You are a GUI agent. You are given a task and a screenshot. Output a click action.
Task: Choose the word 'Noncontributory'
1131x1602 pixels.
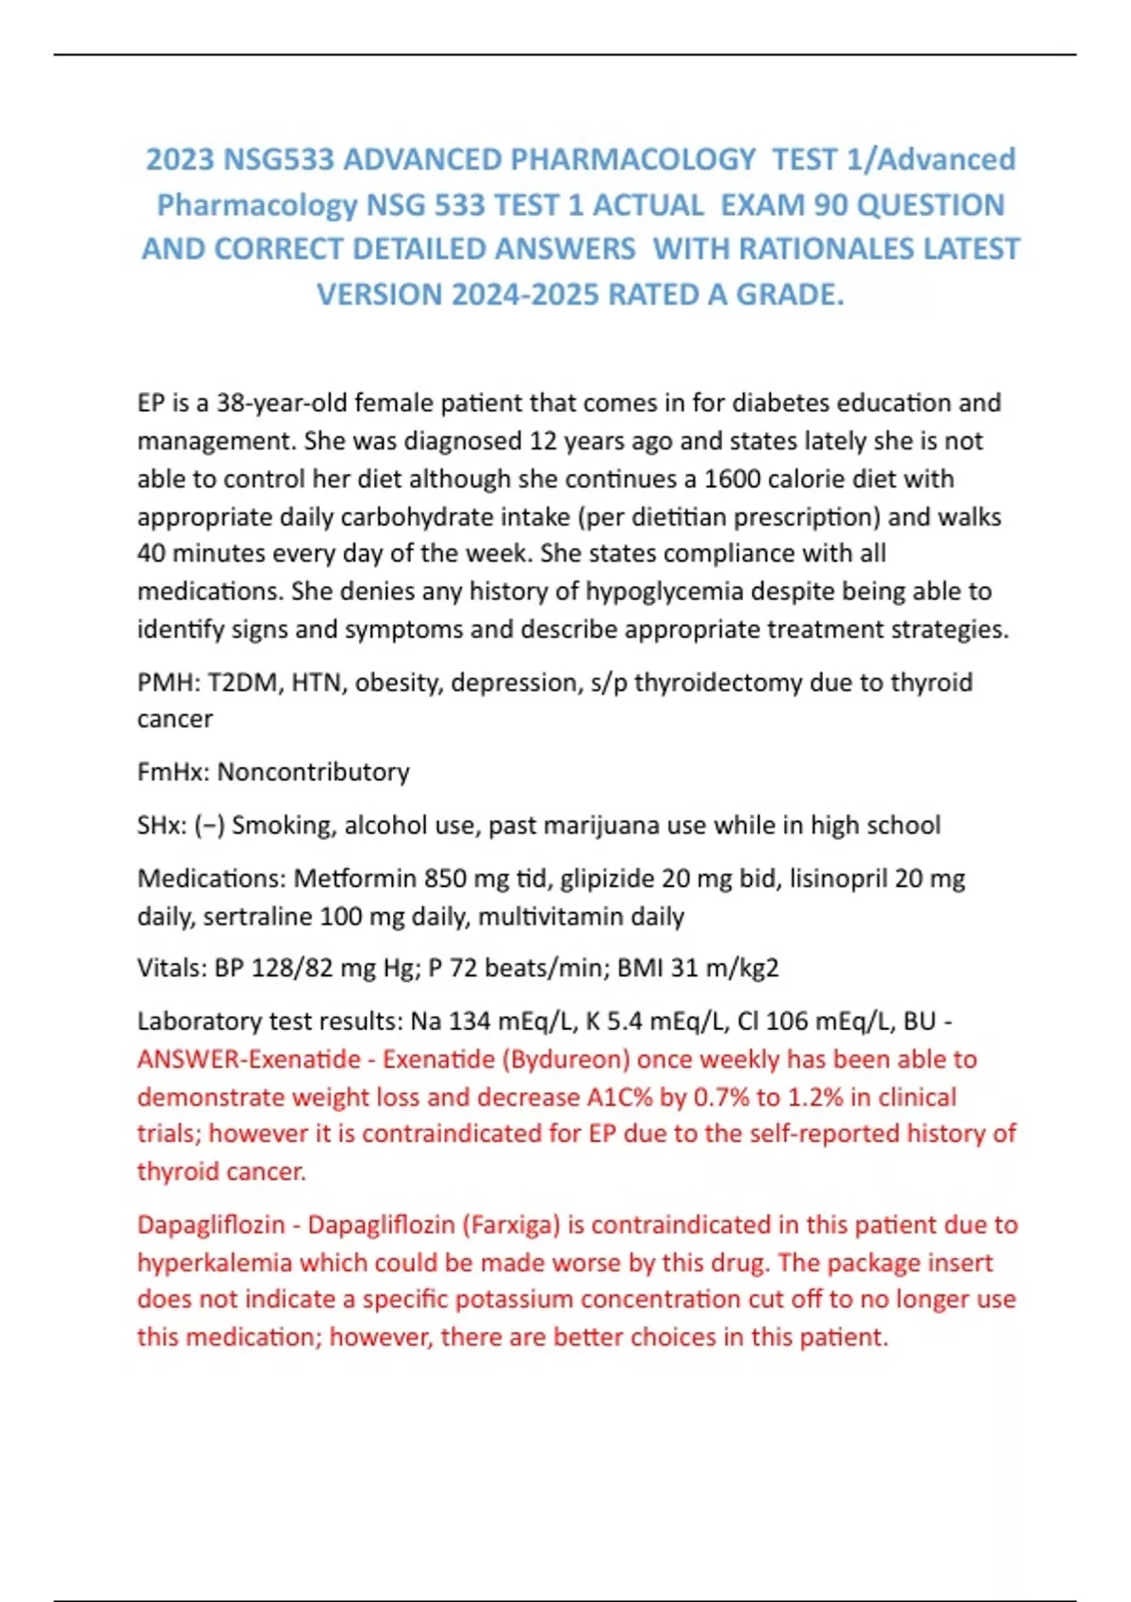pos(313,772)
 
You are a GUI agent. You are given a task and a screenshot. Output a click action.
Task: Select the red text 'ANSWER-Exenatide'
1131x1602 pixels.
pos(248,1059)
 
